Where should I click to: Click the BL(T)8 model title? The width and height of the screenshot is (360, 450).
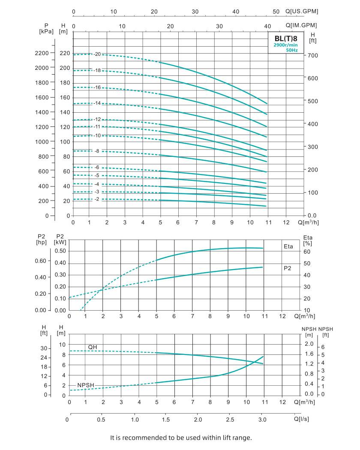coord(286,38)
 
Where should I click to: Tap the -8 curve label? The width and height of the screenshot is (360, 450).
coord(97,151)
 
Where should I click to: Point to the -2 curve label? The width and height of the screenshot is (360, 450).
coord(97,199)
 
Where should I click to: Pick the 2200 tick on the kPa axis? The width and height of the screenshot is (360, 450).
coord(42,53)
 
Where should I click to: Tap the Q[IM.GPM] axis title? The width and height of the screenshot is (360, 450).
coord(302,26)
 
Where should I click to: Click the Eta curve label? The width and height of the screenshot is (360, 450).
coord(288,247)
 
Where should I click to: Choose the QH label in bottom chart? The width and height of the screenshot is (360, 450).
coord(93,347)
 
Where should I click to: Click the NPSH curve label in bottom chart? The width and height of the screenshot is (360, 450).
coord(85,385)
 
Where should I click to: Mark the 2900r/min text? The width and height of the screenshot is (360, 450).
coord(285,45)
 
